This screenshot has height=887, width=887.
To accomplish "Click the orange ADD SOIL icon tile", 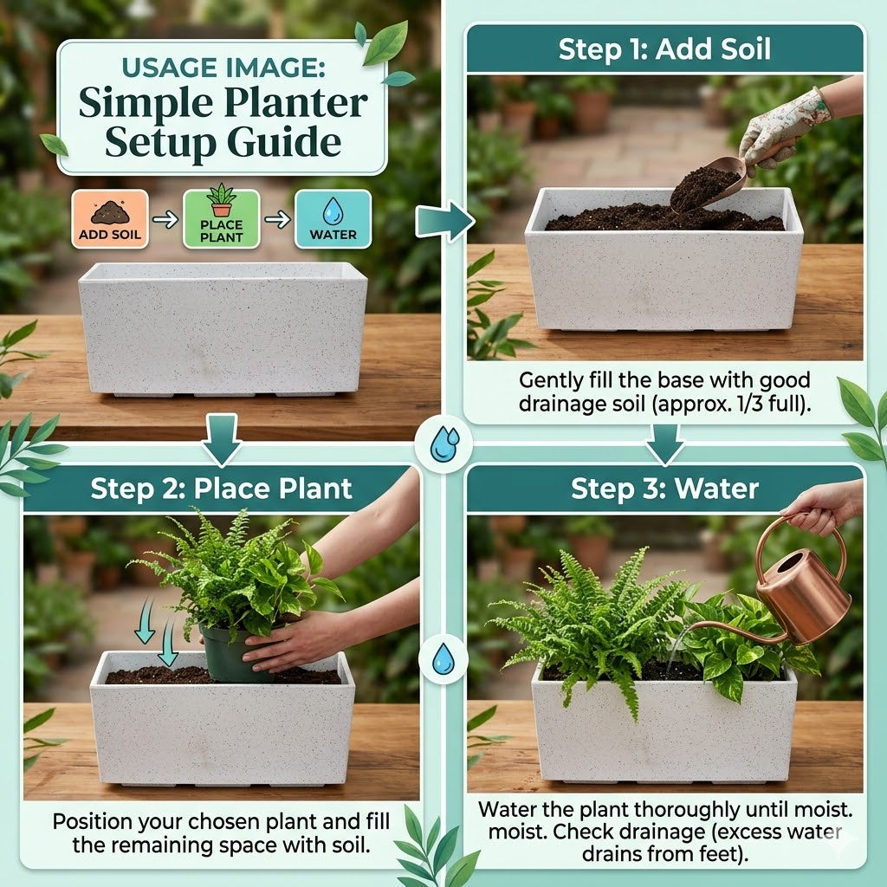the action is coord(110,219).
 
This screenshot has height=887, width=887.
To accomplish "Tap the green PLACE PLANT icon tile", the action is coord(221,219).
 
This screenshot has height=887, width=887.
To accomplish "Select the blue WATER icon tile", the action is coord(333,219).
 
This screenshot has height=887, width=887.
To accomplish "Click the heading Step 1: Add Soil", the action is coord(664,49).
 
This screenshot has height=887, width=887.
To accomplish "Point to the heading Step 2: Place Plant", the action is coord(221,489).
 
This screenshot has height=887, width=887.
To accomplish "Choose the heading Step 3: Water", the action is coord(664,489).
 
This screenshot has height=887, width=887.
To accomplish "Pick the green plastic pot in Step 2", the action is coord(229,653).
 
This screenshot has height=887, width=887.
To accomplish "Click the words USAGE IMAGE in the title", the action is coord(223,68).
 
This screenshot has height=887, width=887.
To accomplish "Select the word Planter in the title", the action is coord(296,104).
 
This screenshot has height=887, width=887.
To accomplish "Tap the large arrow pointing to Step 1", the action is coord(444,221).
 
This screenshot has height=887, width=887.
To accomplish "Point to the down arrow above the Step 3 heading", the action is coord(664,443).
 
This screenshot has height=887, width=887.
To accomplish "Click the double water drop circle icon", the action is coord(444,444).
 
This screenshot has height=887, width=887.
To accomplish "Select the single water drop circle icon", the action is coord(443,659).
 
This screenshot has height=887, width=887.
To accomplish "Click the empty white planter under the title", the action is coord(223,328).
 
